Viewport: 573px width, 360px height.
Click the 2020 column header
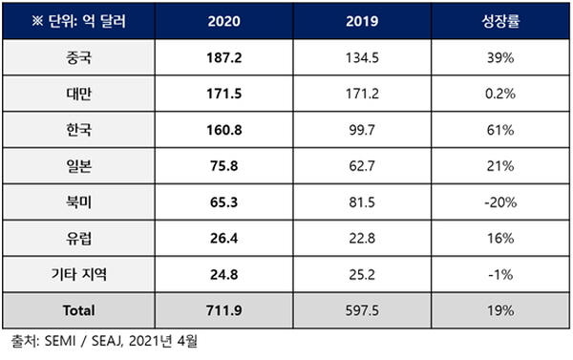[224, 21]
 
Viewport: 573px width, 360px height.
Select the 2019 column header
[362, 21]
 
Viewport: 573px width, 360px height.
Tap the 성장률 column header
[500, 21]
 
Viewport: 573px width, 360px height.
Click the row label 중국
[78, 57]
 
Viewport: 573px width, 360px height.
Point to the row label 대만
[78, 94]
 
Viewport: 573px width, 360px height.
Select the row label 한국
[78, 130]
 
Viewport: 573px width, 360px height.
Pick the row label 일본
[78, 166]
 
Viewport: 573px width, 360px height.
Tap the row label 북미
[78, 202]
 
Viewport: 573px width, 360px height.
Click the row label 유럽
[78, 239]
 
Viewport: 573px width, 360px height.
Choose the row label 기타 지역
[78, 274]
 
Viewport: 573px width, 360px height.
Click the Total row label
[78, 310]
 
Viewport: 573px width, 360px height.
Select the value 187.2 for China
[224, 57]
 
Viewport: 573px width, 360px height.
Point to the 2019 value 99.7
[362, 130]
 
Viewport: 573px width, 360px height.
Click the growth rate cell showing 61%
[500, 130]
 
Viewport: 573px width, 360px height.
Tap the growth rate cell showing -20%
[500, 202]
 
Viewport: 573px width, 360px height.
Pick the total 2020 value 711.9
[224, 310]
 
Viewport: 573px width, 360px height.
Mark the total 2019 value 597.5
[362, 310]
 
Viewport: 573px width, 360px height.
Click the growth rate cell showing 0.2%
[500, 94]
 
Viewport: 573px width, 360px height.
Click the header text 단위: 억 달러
[87, 21]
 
